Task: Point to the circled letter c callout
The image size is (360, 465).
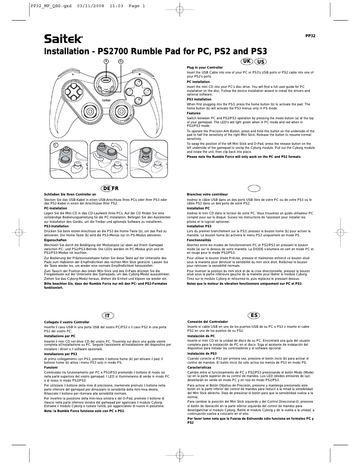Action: coord(56,144)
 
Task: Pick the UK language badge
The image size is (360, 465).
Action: coord(247,61)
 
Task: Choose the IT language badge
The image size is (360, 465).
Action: coord(107,316)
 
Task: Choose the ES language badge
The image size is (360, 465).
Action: coord(254,316)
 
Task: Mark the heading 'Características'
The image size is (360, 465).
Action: coord(199,367)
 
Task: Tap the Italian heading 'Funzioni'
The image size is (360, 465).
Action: coord(51,367)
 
